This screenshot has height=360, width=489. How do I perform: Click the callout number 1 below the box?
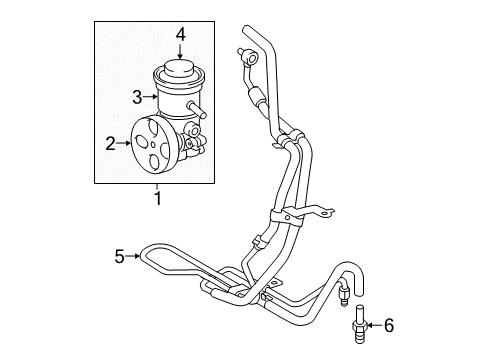[157, 197]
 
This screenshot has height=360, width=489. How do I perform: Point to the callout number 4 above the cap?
[181, 35]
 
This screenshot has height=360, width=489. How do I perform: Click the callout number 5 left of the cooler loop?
[120, 256]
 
